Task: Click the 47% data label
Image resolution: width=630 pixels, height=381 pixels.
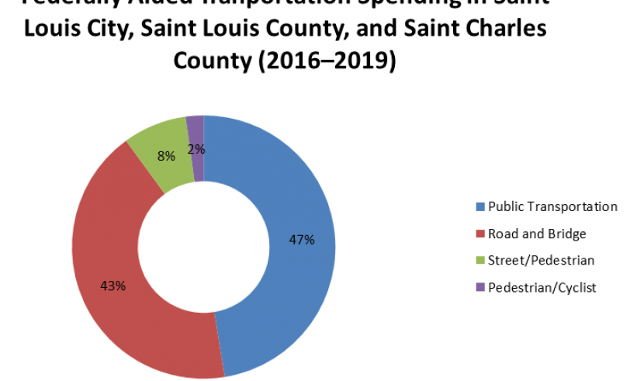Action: (301, 240)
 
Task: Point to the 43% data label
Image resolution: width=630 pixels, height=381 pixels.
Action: (113, 285)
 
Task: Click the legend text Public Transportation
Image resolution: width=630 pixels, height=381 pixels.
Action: (552, 206)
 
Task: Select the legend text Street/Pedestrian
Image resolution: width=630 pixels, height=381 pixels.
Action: (531, 261)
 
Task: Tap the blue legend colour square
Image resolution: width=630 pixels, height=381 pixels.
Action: (479, 207)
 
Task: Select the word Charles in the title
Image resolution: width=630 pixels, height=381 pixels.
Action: (493, 29)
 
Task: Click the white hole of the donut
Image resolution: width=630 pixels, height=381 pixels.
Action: (204, 247)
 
